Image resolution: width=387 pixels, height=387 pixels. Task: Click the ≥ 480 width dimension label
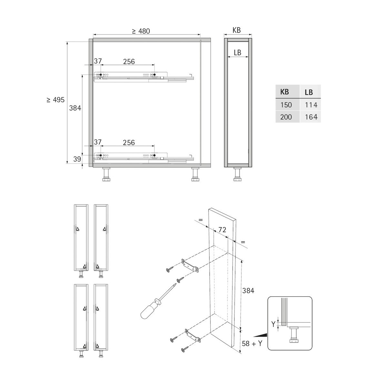click(x=141, y=31)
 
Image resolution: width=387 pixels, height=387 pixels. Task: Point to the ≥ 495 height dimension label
click(x=55, y=100)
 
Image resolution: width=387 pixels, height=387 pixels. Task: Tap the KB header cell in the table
click(x=287, y=92)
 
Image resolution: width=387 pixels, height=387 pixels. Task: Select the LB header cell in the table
click(x=310, y=92)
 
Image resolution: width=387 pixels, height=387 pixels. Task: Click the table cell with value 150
click(x=287, y=104)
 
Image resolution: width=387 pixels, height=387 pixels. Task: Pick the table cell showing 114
click(x=310, y=104)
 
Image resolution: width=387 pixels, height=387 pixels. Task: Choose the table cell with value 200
click(x=287, y=117)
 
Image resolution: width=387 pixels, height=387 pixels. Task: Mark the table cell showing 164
click(x=310, y=117)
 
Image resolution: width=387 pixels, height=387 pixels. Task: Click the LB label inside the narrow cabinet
click(x=237, y=53)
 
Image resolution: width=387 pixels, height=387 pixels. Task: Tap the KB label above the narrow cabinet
click(x=237, y=30)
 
